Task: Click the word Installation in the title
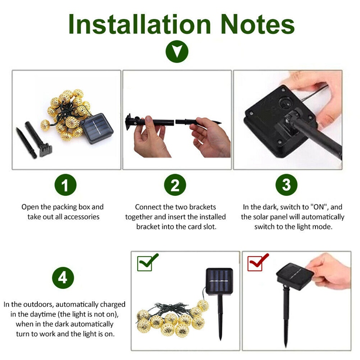point(139,24)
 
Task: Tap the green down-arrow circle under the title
point(177,51)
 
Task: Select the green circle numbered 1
point(65,185)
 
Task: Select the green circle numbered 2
point(175,185)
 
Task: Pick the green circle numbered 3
point(286,185)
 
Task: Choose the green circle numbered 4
point(63,278)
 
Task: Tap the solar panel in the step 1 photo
point(97,128)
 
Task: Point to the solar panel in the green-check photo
point(219,281)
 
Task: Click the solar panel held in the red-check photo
point(295,276)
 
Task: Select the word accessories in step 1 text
point(81,217)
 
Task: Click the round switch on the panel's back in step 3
point(285,103)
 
